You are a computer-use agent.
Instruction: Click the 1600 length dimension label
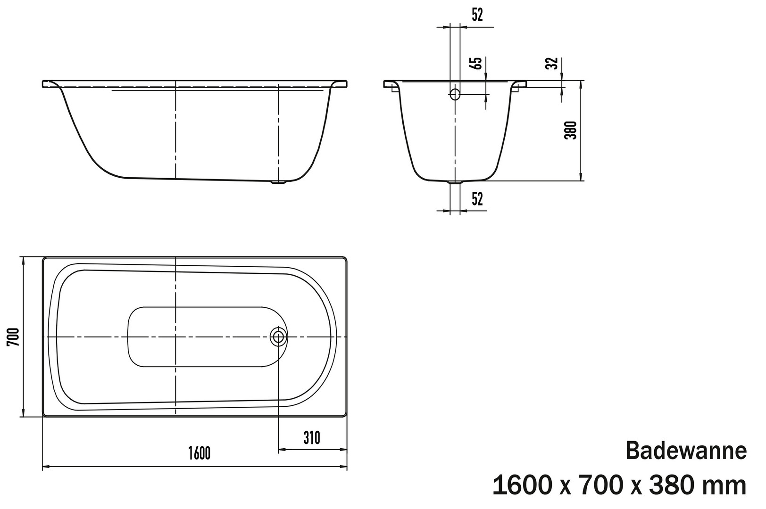200,453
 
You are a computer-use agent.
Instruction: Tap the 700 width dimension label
13,337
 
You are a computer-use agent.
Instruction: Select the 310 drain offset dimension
311,438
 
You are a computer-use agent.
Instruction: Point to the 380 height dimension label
570,130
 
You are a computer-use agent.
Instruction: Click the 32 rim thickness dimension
552,64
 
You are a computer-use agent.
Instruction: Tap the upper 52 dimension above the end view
477,15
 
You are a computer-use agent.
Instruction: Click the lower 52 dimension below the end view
477,199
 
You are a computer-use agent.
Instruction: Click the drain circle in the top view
278,337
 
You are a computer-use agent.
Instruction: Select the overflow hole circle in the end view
455,94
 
